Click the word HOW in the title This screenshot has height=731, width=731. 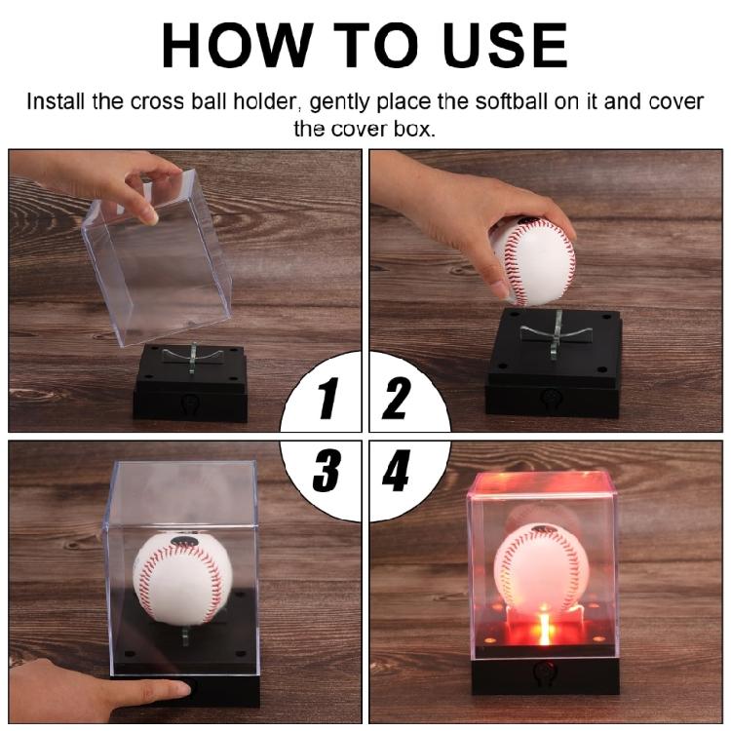pos(238,45)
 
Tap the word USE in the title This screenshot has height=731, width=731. pos(505,45)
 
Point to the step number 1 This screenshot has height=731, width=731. pos(328,398)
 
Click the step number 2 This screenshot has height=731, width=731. pos(397,398)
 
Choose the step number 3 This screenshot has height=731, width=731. pos(326,470)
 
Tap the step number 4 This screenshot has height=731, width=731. pos(396,470)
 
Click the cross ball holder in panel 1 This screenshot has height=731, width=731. pos(193,357)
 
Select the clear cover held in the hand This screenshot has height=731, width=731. pos(157,256)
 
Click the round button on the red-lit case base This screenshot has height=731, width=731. pos(544,672)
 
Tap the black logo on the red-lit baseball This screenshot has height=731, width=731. pos(545,528)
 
